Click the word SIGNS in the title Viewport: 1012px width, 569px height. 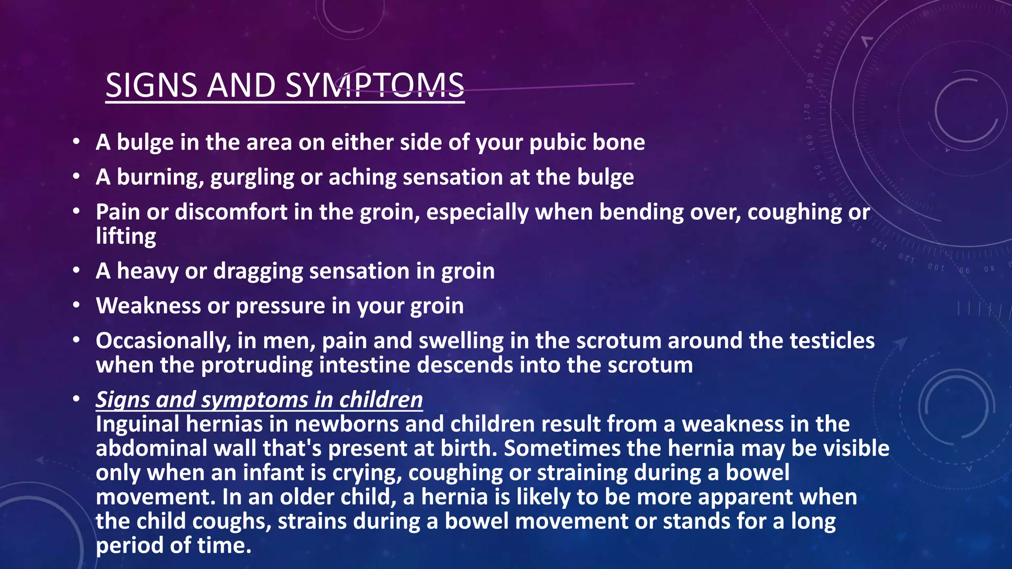tap(151, 85)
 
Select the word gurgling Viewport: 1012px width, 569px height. tap(252, 177)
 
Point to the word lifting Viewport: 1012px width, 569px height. tap(126, 236)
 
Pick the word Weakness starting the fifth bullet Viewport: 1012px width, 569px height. tap(148, 306)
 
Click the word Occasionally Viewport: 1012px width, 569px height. tap(163, 341)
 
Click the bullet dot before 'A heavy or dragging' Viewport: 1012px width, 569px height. tap(76, 270)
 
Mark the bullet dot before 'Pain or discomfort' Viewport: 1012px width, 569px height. tap(76, 211)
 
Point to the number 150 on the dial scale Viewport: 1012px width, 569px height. tap(818, 173)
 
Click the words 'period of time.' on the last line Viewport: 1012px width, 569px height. tap(173, 546)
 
